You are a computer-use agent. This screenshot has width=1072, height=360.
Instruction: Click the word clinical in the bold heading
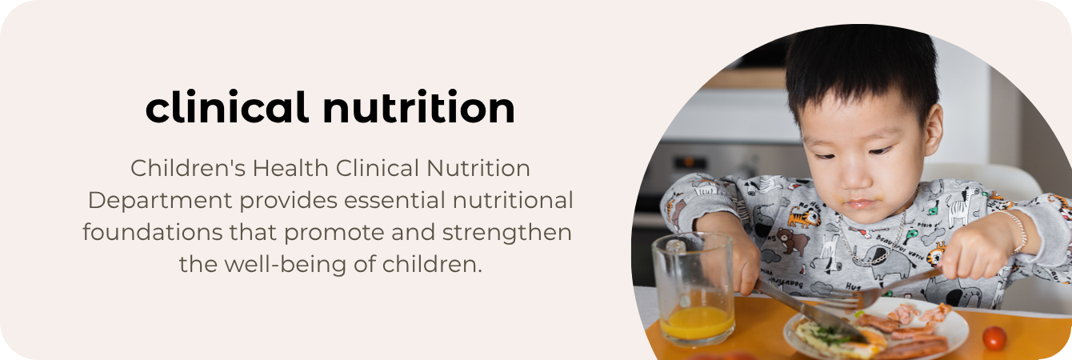point(227,107)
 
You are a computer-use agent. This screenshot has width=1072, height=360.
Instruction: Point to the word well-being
point(281,263)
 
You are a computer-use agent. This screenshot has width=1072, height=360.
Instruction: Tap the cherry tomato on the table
point(994,338)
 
